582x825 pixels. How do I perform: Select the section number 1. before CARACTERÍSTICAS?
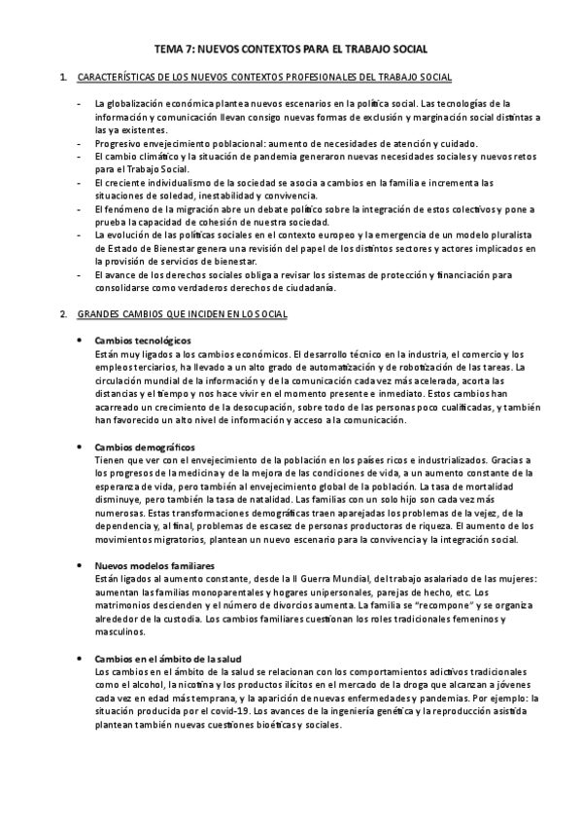click(x=63, y=77)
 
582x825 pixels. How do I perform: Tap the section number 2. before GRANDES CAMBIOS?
click(x=63, y=314)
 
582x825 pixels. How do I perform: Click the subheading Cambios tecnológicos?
click(x=143, y=340)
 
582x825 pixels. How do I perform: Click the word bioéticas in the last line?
click(x=267, y=724)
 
